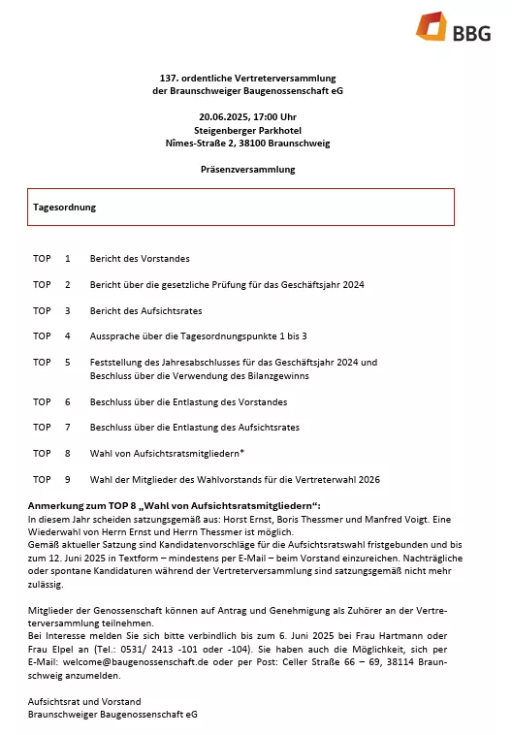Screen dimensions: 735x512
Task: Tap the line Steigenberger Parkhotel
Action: pyautogui.click(x=247, y=130)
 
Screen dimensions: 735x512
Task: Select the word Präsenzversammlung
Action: pyautogui.click(x=247, y=169)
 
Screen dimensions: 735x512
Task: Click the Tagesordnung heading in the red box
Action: pyautogui.click(x=65, y=207)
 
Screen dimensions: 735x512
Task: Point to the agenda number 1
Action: pyautogui.click(x=68, y=259)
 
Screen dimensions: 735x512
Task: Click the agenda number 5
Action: pyautogui.click(x=68, y=362)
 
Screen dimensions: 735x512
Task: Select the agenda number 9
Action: pyautogui.click(x=68, y=478)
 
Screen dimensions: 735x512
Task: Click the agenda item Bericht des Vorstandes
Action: pyautogui.click(x=140, y=259)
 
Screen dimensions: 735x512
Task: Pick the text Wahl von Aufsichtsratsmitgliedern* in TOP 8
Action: pyautogui.click(x=167, y=453)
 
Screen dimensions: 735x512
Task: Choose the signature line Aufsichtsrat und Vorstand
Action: pyautogui.click(x=84, y=700)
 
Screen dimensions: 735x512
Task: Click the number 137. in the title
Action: pyautogui.click(x=171, y=78)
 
